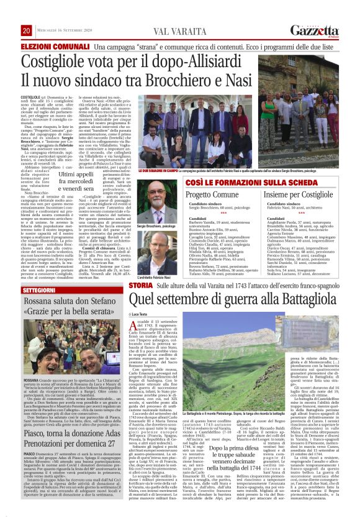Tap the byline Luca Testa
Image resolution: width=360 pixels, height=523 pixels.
(148, 332)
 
